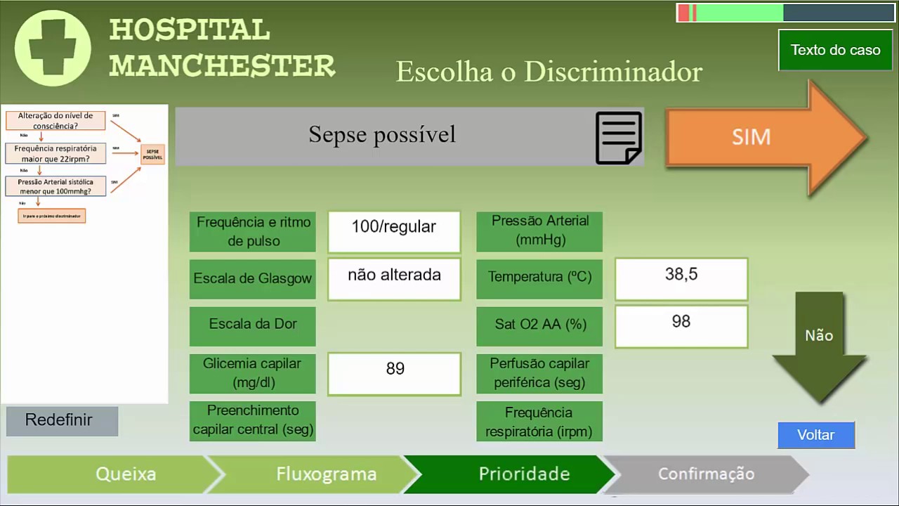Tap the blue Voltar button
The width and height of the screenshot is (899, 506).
[816, 435]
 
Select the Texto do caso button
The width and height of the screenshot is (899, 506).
[835, 50]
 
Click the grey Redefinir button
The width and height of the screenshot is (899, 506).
[62, 420]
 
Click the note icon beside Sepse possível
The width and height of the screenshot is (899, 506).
[618, 138]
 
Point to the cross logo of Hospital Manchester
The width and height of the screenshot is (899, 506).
[53, 48]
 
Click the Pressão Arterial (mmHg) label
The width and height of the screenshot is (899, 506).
[539, 231]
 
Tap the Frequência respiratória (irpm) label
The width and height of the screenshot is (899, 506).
[539, 422]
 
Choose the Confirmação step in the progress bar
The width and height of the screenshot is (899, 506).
[706, 474]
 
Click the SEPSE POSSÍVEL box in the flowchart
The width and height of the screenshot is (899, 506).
[152, 154]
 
